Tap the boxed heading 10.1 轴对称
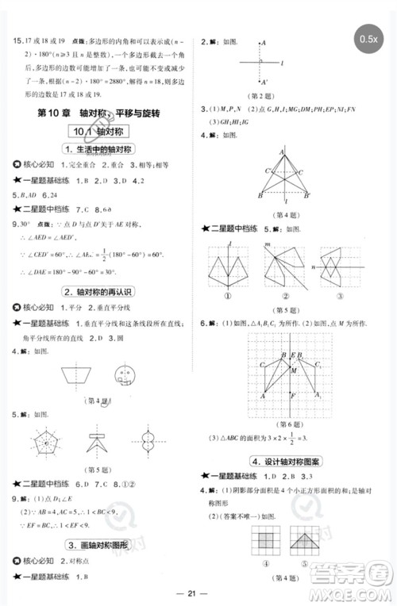101,132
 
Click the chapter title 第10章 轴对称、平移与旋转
101,114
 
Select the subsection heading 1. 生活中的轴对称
101,149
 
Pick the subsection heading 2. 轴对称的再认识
101,291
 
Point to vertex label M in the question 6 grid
295,369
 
